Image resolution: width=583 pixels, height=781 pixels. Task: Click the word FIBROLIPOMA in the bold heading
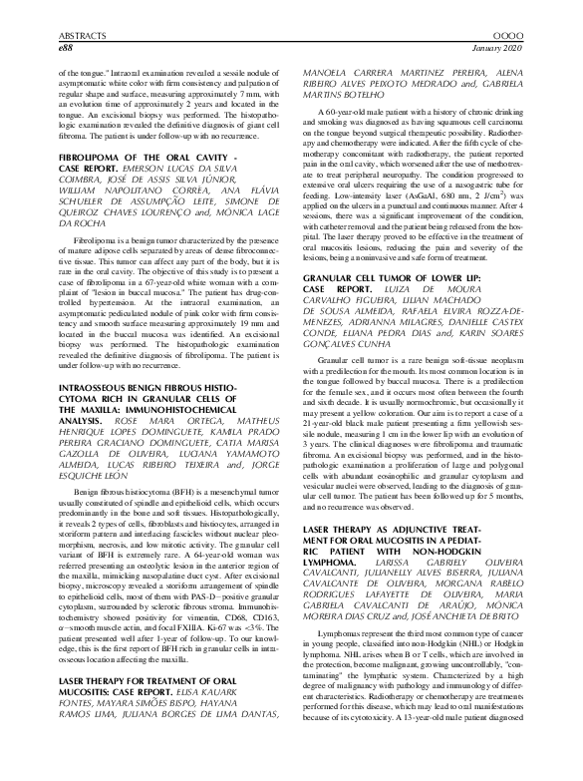pos(93,158)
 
